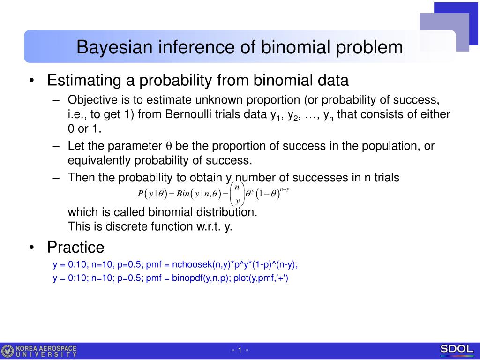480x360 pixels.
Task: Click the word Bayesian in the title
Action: tap(114, 47)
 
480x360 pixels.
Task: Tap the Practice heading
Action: tap(75, 247)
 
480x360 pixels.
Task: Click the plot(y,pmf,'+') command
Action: tap(261, 278)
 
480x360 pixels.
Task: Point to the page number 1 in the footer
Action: tap(240, 350)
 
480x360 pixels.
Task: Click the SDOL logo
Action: tap(457, 349)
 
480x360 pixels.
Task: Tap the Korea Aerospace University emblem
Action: tap(7, 351)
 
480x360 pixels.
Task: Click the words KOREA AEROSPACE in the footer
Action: tap(46, 348)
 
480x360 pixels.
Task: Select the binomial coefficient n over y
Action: tap(237, 194)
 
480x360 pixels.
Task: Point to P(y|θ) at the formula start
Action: tap(152, 194)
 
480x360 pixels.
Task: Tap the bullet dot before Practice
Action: tap(31, 247)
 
